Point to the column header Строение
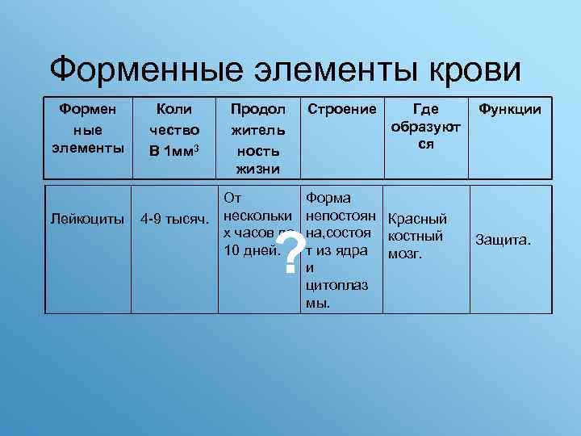point(340,109)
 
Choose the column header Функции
point(510,109)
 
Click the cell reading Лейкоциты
point(87,218)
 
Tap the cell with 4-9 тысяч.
point(175,218)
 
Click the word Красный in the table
point(417,219)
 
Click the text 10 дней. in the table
point(251,250)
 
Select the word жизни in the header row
point(255,169)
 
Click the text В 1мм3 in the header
point(174,149)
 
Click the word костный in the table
point(416,237)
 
